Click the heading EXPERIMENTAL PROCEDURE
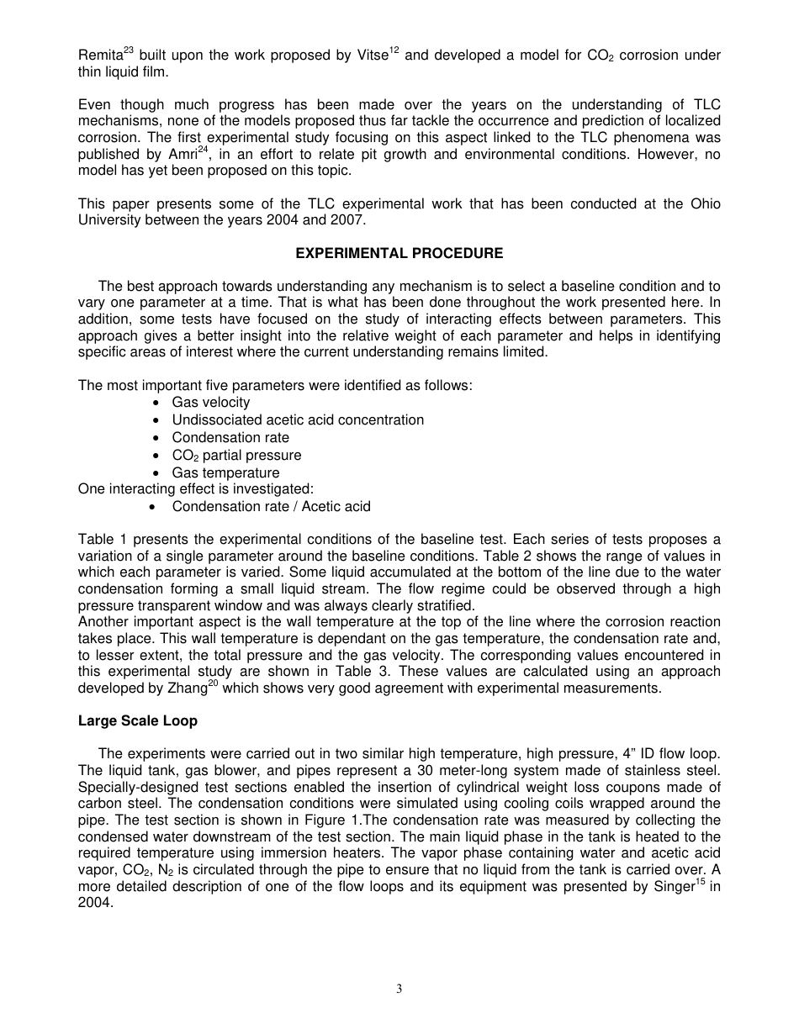(399, 253)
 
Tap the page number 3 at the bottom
(399, 989)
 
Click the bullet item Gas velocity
(210, 403)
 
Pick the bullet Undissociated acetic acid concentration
(298, 419)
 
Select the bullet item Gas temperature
(225, 472)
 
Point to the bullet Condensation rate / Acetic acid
(271, 506)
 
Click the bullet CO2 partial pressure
(236, 455)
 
